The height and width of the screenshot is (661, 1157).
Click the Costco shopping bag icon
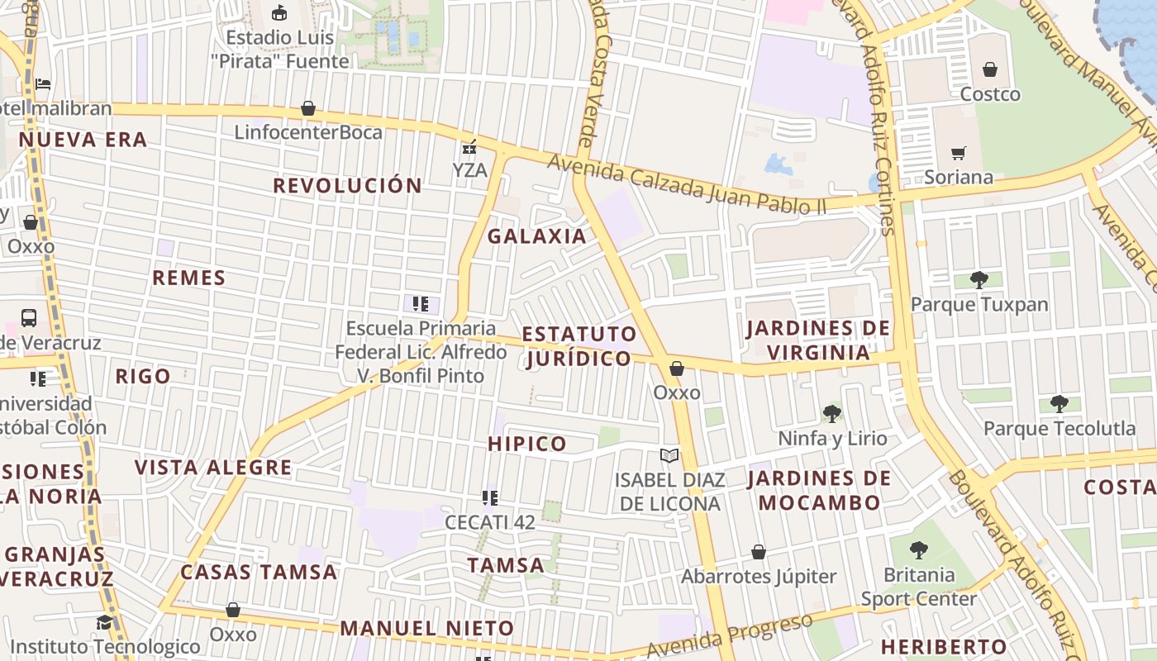tap(989, 69)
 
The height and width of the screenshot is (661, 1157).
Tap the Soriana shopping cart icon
tap(958, 153)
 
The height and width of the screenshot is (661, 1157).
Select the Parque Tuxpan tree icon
tap(979, 280)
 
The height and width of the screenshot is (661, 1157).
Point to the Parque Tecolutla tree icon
tap(1059, 404)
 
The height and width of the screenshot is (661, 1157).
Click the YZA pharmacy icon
tap(469, 147)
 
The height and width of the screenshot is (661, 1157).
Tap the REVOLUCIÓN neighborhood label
tap(347, 186)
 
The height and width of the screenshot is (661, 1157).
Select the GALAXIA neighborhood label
tap(536, 236)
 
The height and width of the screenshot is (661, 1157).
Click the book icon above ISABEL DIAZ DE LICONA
tap(669, 455)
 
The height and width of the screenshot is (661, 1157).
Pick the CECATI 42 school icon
tap(489, 498)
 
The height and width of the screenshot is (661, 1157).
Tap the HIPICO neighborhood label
tap(527, 444)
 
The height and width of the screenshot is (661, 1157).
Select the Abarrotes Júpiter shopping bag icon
tap(758, 552)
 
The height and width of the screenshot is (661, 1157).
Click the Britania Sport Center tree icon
tap(918, 549)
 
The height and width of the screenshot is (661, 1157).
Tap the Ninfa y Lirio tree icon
tap(832, 413)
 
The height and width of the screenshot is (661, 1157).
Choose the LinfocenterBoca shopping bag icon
tap(308, 108)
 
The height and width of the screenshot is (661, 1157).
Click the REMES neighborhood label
tap(188, 278)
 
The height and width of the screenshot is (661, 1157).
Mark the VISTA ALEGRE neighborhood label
tap(213, 468)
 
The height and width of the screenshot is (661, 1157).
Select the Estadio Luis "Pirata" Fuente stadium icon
tap(279, 13)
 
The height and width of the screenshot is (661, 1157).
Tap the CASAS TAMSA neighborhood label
tap(259, 572)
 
